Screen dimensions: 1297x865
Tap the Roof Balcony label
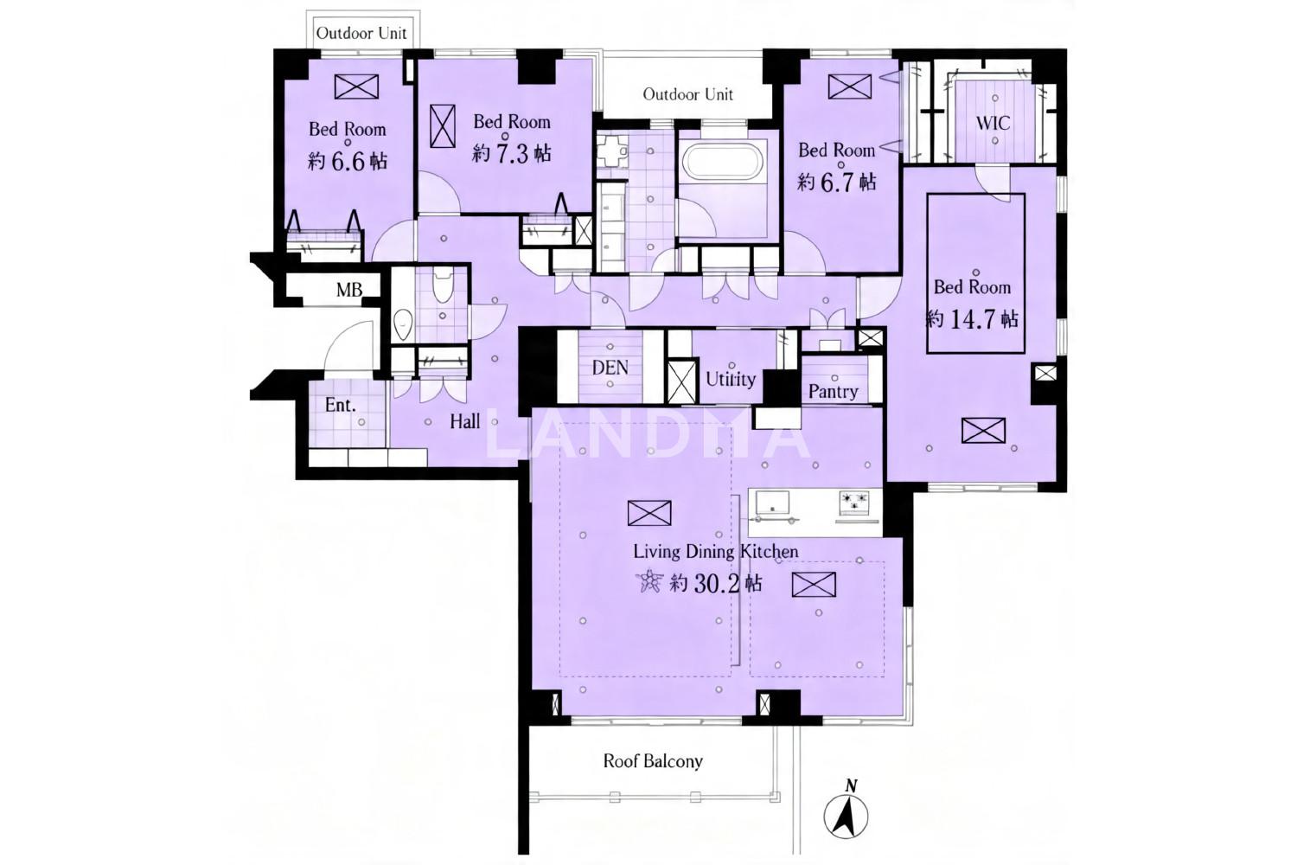pyautogui.click(x=653, y=760)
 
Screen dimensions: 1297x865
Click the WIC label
pyautogui.click(x=993, y=124)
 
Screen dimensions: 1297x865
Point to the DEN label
pyautogui.click(x=610, y=368)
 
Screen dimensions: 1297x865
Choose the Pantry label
pyautogui.click(x=834, y=392)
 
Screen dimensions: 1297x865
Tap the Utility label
pyautogui.click(x=731, y=380)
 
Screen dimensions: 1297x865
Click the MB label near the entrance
pyautogui.click(x=349, y=289)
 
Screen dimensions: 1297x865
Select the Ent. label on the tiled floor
pyautogui.click(x=340, y=405)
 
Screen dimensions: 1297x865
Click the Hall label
pyautogui.click(x=465, y=421)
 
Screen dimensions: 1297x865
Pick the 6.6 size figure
pyautogui.click(x=348, y=162)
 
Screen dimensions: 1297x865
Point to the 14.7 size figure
pyautogui.click(x=973, y=319)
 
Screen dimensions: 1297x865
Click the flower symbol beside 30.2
pyautogui.click(x=649, y=581)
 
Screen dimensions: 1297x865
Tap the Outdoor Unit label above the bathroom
pyautogui.click(x=688, y=94)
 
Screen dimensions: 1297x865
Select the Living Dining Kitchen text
pyautogui.click(x=716, y=552)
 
